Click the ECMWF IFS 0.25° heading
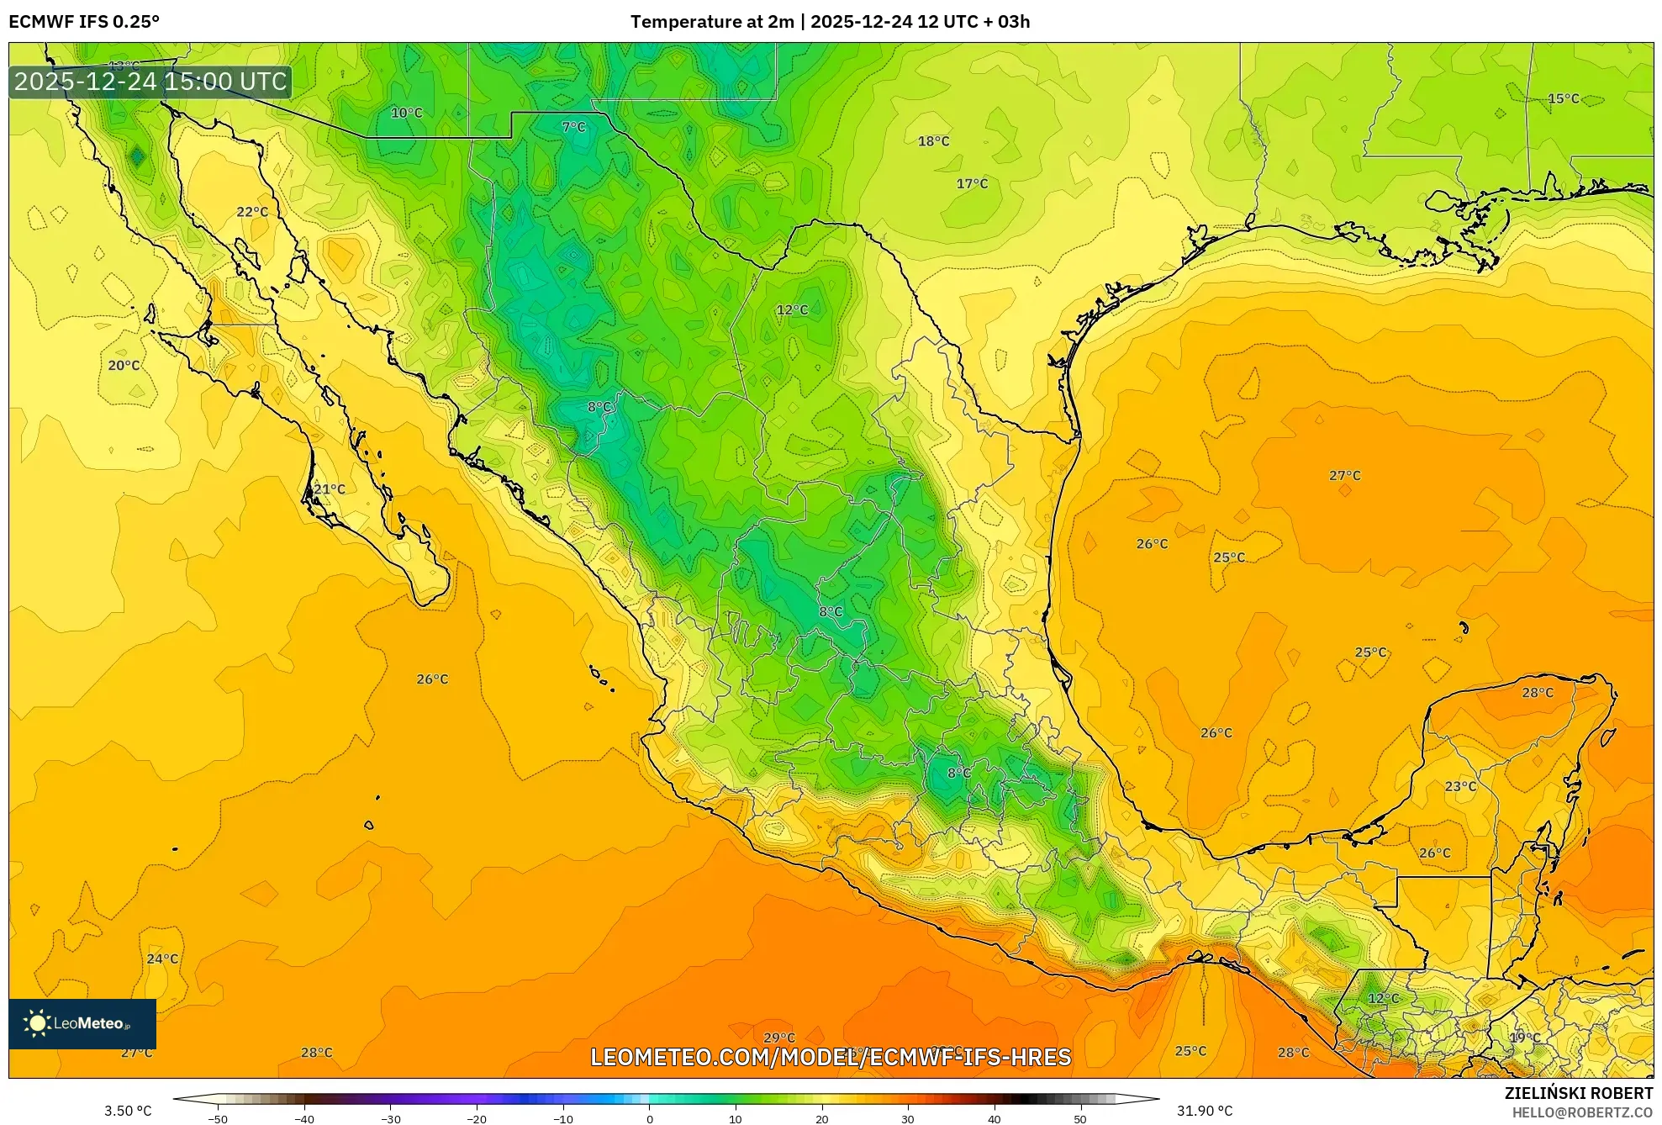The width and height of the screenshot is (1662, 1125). point(84,22)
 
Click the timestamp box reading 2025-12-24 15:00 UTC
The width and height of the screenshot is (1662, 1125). point(150,82)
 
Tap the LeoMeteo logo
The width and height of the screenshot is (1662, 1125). point(82,1023)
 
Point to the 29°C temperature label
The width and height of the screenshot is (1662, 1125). point(778,1038)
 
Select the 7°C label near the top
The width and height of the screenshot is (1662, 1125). point(573,127)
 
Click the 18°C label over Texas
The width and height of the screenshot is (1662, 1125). point(933,141)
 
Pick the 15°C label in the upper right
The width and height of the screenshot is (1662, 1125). point(1563,98)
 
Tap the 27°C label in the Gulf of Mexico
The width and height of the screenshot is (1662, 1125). point(1344,475)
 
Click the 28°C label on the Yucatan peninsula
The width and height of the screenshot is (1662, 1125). point(1537,693)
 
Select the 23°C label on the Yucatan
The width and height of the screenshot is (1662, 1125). point(1460,786)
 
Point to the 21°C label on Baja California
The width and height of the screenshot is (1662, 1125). point(329,489)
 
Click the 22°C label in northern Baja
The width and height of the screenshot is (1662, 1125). point(251,212)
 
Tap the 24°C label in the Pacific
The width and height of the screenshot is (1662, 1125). point(162,959)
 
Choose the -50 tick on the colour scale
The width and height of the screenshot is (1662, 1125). point(218,1118)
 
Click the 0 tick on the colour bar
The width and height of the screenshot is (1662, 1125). point(649,1118)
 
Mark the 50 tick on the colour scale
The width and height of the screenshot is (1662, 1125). point(1079,1118)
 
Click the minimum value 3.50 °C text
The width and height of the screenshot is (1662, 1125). point(128,1111)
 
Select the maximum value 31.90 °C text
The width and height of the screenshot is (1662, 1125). point(1204,1111)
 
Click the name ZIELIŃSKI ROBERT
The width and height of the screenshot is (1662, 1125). point(1578,1093)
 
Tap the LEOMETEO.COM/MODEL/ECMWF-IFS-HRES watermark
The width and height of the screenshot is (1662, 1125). point(831,1057)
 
